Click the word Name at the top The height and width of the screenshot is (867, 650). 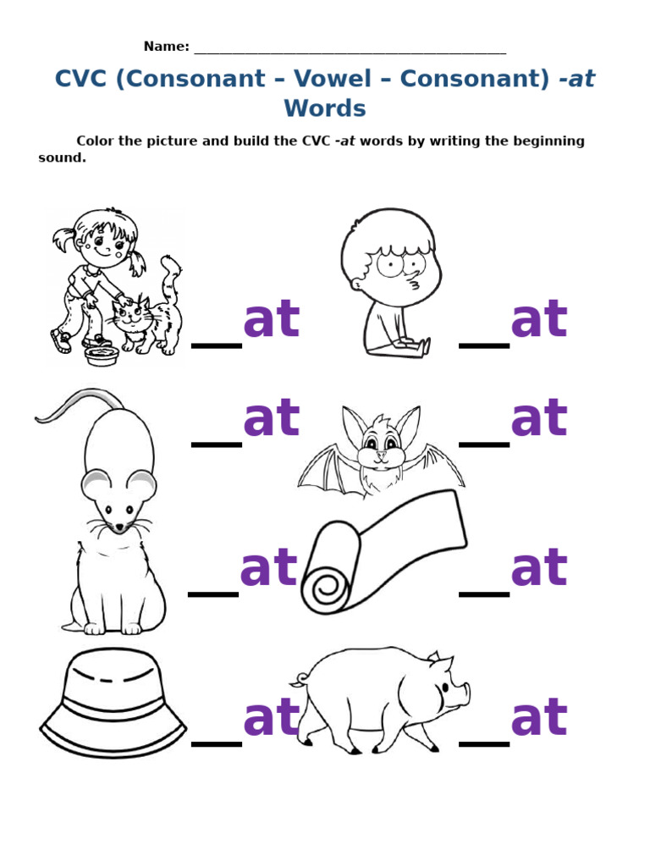pos(165,47)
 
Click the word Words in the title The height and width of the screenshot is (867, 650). pos(325,108)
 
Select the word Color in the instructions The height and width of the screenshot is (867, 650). pos(96,141)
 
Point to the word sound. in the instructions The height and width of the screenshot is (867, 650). pos(62,157)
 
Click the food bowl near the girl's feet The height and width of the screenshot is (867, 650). pos(102,356)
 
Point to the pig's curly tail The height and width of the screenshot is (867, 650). pos(298,680)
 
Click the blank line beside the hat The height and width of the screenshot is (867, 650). pos(217,744)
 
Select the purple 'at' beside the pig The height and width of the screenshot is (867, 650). pos(538,718)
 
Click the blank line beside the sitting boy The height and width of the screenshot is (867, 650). pos(484,345)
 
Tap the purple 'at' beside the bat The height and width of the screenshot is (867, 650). pos(538,419)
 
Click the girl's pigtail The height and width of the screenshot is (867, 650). pos(64,240)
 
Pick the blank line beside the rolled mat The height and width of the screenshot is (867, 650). pos(484,594)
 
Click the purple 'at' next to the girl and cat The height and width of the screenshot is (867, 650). pos(271,321)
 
